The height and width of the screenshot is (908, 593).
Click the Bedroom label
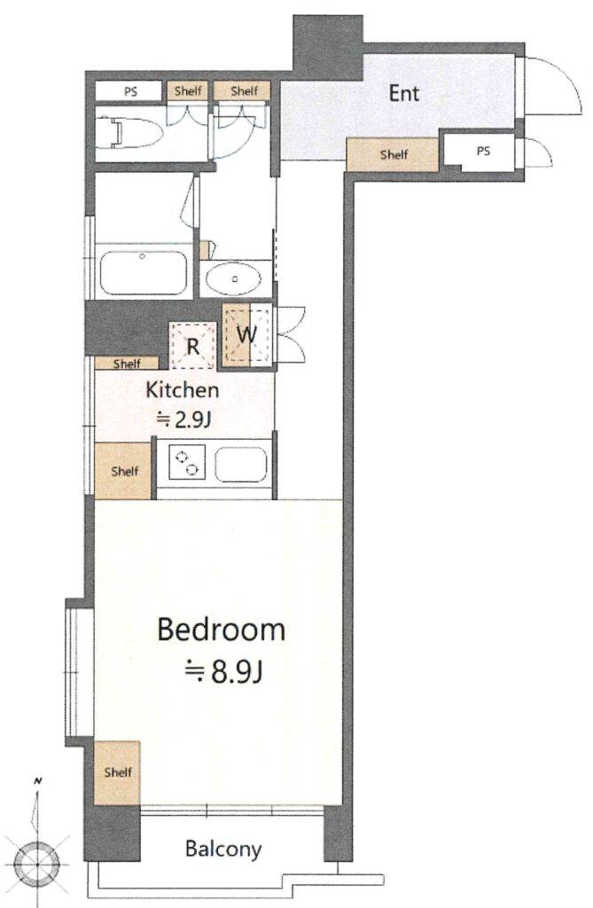221,630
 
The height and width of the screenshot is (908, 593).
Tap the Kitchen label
182,389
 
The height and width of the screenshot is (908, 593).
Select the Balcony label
223,849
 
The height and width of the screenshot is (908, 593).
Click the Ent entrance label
403,93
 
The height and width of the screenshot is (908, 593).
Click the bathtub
143,272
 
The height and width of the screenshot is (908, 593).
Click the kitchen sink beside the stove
241,465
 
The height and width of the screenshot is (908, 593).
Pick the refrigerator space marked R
192,345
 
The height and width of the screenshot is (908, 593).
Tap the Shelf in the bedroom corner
117,772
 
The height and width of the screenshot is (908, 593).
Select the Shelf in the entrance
394,155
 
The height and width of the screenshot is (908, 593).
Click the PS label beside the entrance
482,152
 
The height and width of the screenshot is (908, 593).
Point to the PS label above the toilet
129,90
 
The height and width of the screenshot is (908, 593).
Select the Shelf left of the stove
125,471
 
